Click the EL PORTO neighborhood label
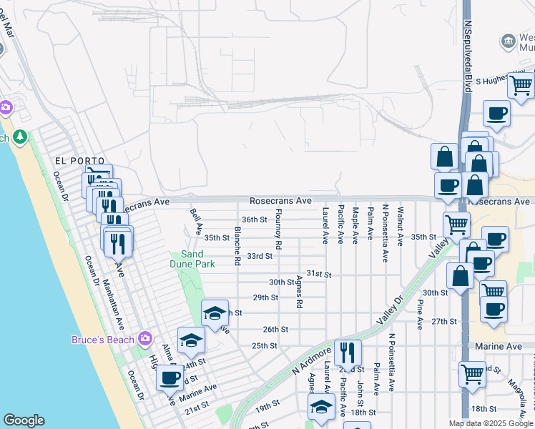point(79,161)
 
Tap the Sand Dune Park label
point(197,259)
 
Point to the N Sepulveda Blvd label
point(469,56)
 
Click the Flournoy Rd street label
point(278,229)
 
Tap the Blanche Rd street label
point(237,246)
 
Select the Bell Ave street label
point(197,222)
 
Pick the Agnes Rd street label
point(299,293)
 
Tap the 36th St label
point(254,220)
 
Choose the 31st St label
point(319,274)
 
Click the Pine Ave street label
point(419,314)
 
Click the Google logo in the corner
point(24,420)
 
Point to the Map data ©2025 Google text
point(491,423)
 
